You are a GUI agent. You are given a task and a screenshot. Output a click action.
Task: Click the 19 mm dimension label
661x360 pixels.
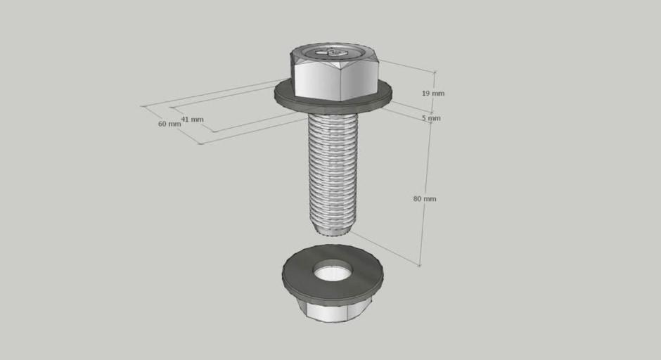[433, 93]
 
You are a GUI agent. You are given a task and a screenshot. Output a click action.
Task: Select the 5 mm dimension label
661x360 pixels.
[431, 118]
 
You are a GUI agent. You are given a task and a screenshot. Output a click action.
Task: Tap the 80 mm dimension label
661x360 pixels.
[425, 198]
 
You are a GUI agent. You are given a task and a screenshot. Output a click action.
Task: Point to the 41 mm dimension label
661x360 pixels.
[192, 120]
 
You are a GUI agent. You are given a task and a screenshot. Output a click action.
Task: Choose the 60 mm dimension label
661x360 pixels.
[169, 124]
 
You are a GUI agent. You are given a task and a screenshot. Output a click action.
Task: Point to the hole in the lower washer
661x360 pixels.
[332, 271]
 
